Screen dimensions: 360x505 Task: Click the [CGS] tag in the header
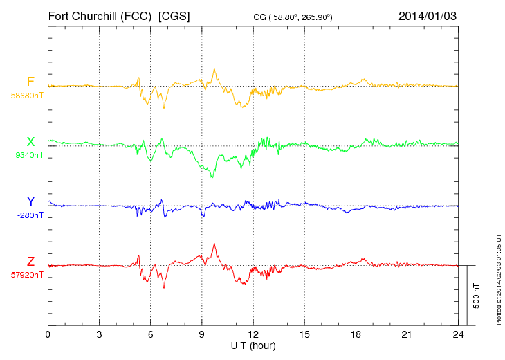coord(174,15)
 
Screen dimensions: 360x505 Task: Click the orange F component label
coord(30,82)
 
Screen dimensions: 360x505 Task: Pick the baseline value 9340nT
coord(28,155)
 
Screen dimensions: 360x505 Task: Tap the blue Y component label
coord(30,201)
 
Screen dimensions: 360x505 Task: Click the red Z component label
coord(30,262)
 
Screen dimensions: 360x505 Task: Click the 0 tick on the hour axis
coord(48,334)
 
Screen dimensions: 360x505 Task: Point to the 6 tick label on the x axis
coord(150,334)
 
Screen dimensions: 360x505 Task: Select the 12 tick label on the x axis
coord(253,334)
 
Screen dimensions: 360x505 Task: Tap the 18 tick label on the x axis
coord(356,334)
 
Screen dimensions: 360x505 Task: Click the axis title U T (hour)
coord(252,345)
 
